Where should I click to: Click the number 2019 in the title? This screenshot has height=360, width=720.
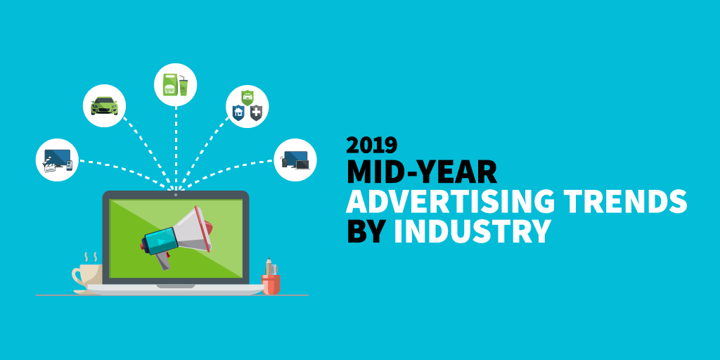[372, 145]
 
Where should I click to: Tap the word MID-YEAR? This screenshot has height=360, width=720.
[422, 172]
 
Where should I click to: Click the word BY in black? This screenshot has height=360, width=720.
[366, 231]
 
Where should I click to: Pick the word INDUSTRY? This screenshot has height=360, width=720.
[472, 231]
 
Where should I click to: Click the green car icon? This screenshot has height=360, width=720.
[104, 106]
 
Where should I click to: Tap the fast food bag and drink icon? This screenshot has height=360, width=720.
[175, 85]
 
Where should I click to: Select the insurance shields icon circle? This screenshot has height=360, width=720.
[247, 106]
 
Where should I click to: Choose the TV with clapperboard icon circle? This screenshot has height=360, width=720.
[57, 160]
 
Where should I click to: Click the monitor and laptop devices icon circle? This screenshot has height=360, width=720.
[295, 160]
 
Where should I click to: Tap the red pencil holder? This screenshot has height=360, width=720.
[271, 284]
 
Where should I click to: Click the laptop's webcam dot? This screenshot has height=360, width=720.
[176, 195]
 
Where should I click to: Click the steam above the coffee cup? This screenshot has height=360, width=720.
[90, 257]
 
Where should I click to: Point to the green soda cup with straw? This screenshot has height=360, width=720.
[184, 85]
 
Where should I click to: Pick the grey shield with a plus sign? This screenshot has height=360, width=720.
[256, 112]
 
